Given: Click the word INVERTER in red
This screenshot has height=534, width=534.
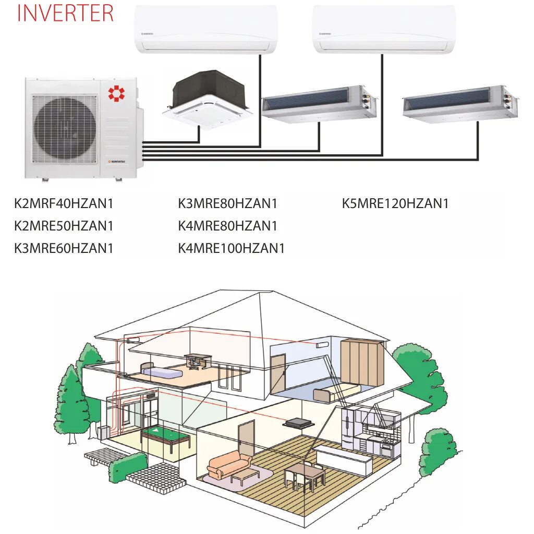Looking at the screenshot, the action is tap(65, 13).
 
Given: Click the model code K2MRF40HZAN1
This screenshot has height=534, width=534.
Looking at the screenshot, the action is tap(64, 203).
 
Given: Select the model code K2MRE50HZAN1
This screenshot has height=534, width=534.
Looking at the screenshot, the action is tap(64, 226).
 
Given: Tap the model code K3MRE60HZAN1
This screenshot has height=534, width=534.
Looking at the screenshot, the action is tap(64, 248).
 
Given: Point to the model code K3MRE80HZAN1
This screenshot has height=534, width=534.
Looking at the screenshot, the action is tap(227, 203).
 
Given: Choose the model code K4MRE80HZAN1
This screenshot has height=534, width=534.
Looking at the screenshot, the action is tap(227, 226).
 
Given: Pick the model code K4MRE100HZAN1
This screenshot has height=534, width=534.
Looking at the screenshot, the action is tap(231, 248).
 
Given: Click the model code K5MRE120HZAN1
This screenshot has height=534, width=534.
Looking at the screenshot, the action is tap(395, 203).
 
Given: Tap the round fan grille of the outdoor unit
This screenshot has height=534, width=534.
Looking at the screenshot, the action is tap(65, 125).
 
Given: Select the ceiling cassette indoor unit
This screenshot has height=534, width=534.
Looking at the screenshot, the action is tap(207, 99).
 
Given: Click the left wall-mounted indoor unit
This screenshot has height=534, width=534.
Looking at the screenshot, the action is tap(206, 29).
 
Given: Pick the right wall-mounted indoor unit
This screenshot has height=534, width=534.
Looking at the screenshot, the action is tap(384, 29).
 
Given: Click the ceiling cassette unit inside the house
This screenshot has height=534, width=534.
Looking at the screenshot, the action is tap(296, 423).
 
